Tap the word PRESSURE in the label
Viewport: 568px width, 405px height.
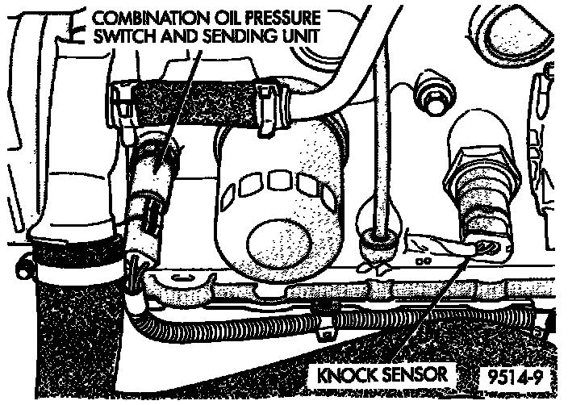[268, 19]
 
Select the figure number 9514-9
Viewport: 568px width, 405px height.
[518, 377]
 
